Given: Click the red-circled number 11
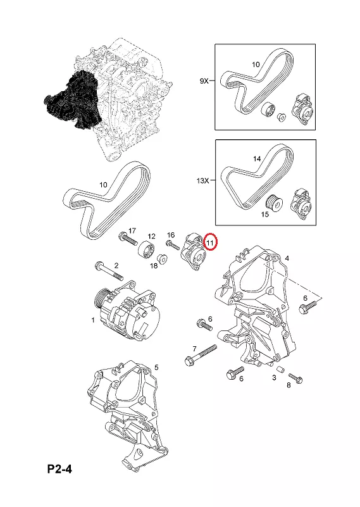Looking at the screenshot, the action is coord(211,242).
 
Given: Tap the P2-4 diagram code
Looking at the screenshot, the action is coord(59,468).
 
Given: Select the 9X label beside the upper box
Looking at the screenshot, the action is coord(204,81).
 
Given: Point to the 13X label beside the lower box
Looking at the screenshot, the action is coord(202,181).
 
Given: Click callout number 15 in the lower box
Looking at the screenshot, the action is coord(264,214).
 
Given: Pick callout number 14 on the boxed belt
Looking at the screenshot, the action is coord(257,159).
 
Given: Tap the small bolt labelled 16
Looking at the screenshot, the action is coord(173,245).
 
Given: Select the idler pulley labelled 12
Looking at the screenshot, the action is coord(146,251).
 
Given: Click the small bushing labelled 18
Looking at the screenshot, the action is coord(162,260).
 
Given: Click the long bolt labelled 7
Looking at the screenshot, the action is coord(201,355).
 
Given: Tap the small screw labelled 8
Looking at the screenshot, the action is coord(295,377).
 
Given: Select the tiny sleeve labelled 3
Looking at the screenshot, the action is coord(281,369).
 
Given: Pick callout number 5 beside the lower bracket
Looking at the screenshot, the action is coord(156,367).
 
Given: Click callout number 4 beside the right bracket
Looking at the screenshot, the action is coord(287,258).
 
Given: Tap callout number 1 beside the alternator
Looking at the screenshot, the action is coord(93,320).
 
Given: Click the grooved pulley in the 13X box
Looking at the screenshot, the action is coord(275,203).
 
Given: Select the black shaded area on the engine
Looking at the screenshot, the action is coord(73,99).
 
